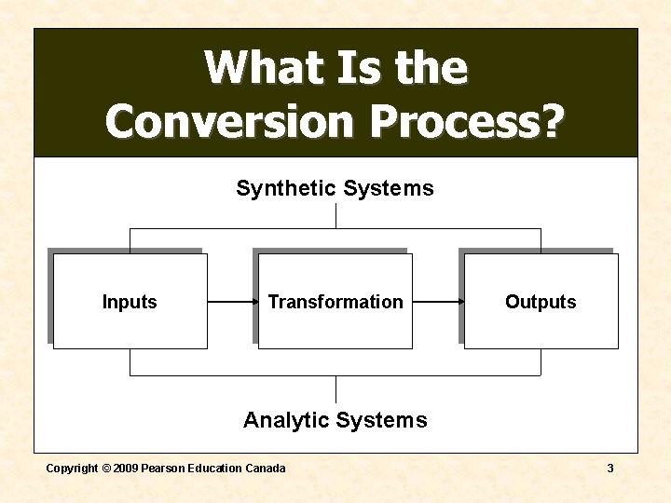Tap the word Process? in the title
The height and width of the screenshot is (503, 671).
click(x=467, y=121)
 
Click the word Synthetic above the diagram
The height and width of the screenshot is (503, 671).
click(x=285, y=189)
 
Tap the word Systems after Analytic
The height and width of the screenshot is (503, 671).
click(x=384, y=420)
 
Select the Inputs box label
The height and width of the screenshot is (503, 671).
click(x=130, y=302)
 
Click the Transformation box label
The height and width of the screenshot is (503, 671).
click(x=335, y=302)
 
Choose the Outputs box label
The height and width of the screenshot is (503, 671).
click(x=541, y=302)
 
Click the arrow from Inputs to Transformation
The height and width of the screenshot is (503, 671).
click(x=232, y=302)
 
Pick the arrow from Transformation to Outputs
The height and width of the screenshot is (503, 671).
click(x=438, y=302)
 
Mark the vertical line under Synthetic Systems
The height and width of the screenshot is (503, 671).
click(x=335, y=216)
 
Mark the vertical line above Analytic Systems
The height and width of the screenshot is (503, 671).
click(x=335, y=389)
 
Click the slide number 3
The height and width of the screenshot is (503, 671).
click(x=610, y=469)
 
